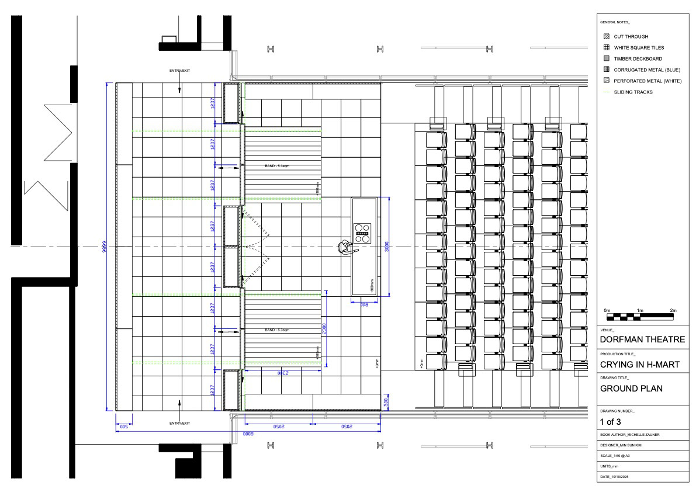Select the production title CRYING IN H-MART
[640, 365]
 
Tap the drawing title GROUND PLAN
[631, 389]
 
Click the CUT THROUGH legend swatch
[606, 36]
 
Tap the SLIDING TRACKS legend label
[633, 92]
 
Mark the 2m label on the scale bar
[673, 310]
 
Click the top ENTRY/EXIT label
[179, 71]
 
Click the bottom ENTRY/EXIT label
[179, 423]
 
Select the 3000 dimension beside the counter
[386, 247]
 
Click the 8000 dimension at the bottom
[248, 435]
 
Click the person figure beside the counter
[345, 248]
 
